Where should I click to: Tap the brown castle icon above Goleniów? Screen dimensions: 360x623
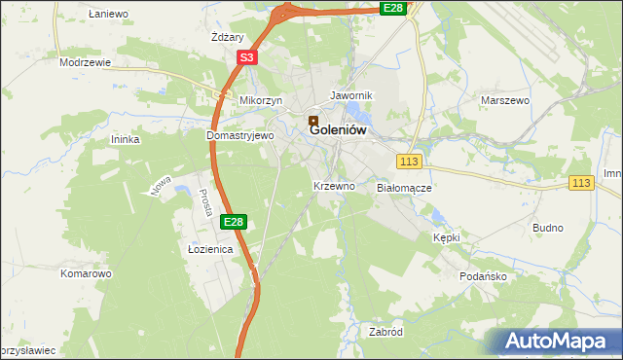click(313, 123)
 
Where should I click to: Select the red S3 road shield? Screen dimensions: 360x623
click(247, 58)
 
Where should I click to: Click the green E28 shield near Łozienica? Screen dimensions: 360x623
click(233, 222)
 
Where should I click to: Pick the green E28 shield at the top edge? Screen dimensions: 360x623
click(392, 8)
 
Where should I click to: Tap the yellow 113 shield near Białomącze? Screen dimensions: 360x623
click(409, 161)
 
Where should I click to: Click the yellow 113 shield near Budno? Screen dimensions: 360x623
click(582, 183)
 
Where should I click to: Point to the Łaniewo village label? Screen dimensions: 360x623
click(108, 14)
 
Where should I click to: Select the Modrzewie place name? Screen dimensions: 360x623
click(85, 61)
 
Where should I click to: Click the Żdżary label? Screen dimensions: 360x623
click(227, 37)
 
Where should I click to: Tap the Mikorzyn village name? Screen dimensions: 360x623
click(261, 100)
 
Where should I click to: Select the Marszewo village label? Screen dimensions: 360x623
click(504, 100)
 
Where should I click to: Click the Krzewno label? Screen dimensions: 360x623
click(334, 185)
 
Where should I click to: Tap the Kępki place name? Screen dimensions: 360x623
click(446, 237)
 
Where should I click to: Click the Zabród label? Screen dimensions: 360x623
click(386, 332)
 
